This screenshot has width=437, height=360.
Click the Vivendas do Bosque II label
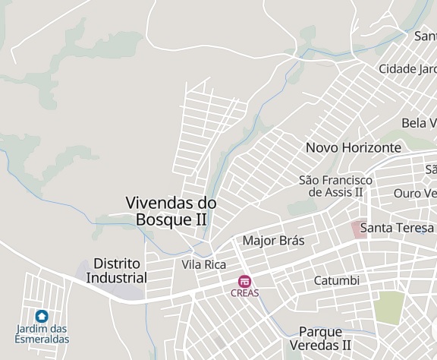171,211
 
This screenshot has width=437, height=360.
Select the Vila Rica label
204,264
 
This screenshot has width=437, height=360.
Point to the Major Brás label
273,241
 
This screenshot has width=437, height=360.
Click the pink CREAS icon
244,281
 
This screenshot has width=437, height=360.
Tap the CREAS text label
245,293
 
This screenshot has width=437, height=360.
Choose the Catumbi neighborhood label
336,280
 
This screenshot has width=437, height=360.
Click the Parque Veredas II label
325,338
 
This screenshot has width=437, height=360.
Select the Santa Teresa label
397,227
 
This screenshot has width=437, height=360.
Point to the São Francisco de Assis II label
335,186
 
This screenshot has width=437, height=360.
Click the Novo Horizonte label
353,147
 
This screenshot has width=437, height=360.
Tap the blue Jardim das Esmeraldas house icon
42,315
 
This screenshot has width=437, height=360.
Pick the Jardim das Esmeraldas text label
42,334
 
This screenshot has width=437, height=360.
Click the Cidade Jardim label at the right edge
407,68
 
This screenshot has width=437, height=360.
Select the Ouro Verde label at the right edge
414,193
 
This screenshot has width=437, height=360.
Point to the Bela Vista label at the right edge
419,123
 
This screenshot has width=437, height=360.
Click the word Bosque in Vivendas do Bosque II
161,219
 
